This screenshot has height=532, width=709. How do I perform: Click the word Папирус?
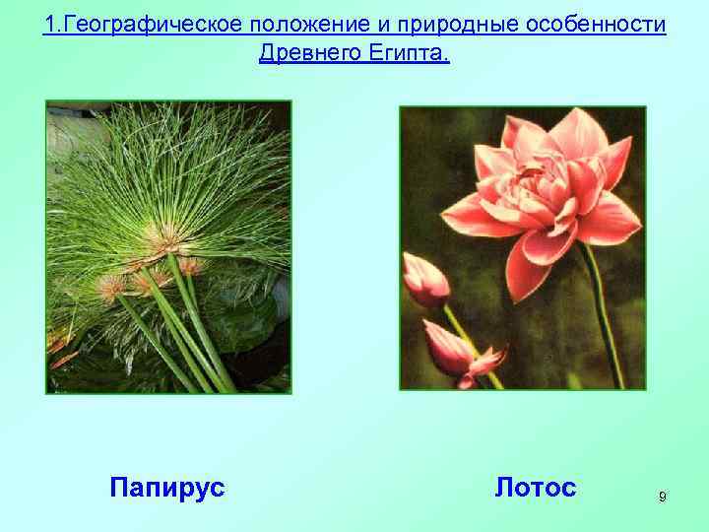(x=167, y=487)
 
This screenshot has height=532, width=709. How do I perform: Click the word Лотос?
(x=536, y=487)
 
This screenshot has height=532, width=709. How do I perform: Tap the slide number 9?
(x=662, y=498)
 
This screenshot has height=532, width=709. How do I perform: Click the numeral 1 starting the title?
(x=48, y=24)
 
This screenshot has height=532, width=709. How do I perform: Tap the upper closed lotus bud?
(x=426, y=280)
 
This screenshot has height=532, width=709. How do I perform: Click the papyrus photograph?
(x=168, y=246)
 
